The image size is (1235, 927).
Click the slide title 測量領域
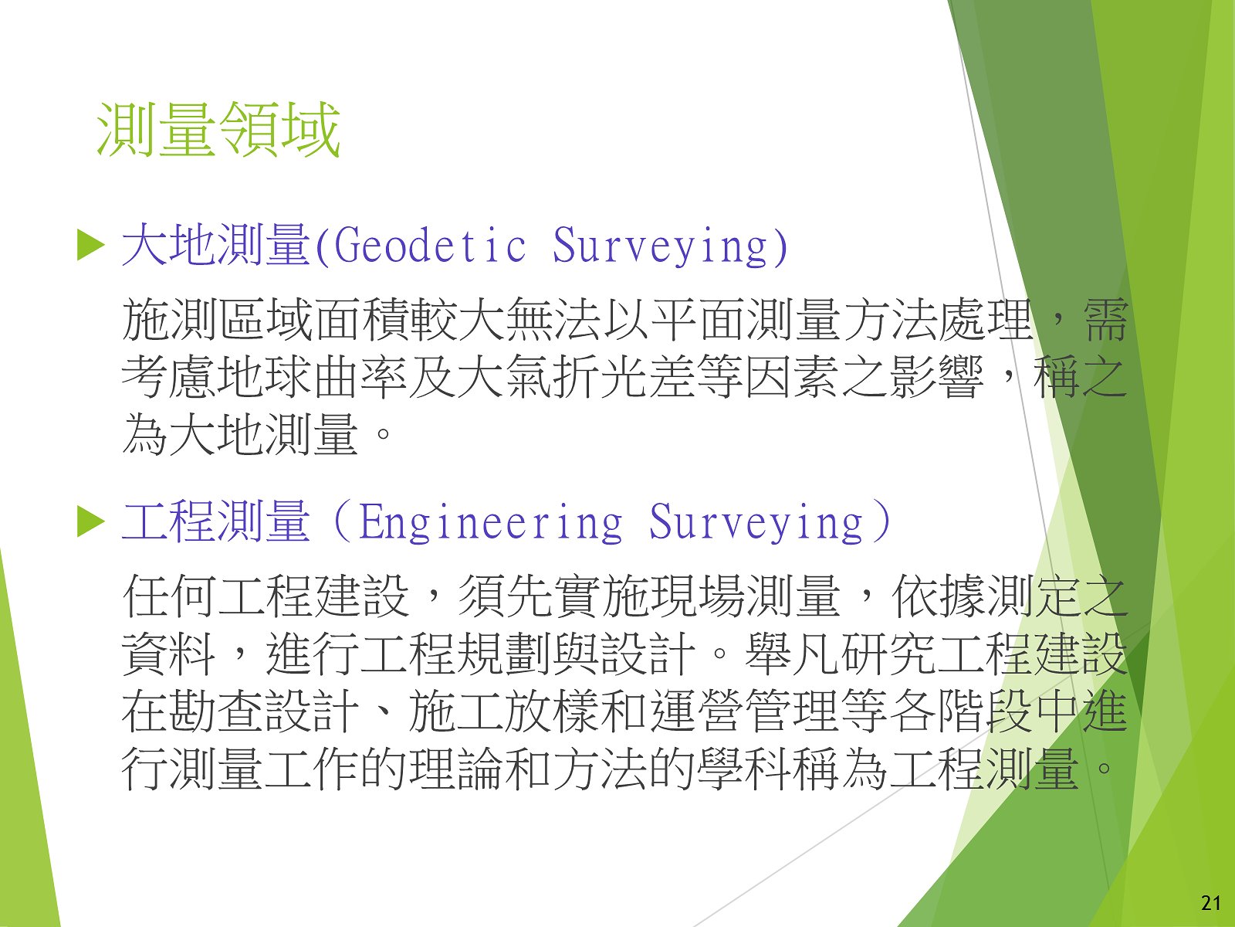[218, 130]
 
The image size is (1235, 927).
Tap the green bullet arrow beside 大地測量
[90, 246]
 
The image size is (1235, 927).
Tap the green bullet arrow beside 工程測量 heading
[90, 522]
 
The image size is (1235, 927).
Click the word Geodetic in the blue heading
[430, 246]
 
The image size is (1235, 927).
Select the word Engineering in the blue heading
[490, 522]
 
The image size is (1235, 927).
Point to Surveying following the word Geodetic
[659, 246]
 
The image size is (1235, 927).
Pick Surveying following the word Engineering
[755, 522]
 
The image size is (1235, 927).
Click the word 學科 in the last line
[744, 769]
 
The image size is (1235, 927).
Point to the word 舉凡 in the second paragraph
[792, 654]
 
